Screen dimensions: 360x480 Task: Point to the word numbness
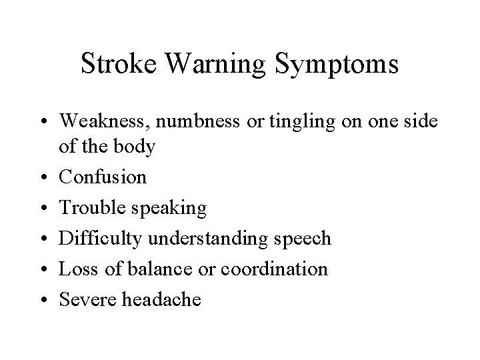click(x=187, y=121)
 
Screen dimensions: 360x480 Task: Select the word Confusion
click(x=103, y=178)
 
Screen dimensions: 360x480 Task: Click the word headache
click(x=161, y=300)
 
